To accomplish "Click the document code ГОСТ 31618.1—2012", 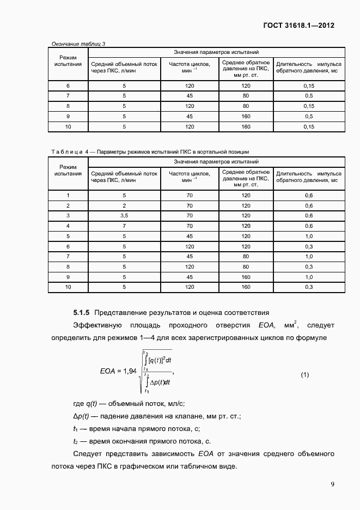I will [x=298, y=25].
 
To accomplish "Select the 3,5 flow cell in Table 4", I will [x=124, y=216].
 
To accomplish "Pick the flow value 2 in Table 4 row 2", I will [x=124, y=205].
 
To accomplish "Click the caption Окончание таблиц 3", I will [x=78, y=44].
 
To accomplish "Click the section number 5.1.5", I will [x=82, y=313].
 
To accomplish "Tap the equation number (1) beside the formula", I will [x=305, y=375].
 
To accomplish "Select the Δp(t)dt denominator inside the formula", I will [x=160, y=382].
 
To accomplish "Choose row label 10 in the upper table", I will [x=68, y=126].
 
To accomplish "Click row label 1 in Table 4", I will [x=68, y=195].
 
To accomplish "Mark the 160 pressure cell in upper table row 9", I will [x=246, y=117].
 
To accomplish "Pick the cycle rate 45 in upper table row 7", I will [x=190, y=96].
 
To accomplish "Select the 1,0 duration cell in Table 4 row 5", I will [x=308, y=236].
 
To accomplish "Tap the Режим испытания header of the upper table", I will [x=68, y=60].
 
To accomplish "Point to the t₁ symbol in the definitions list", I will [x=76, y=429].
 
